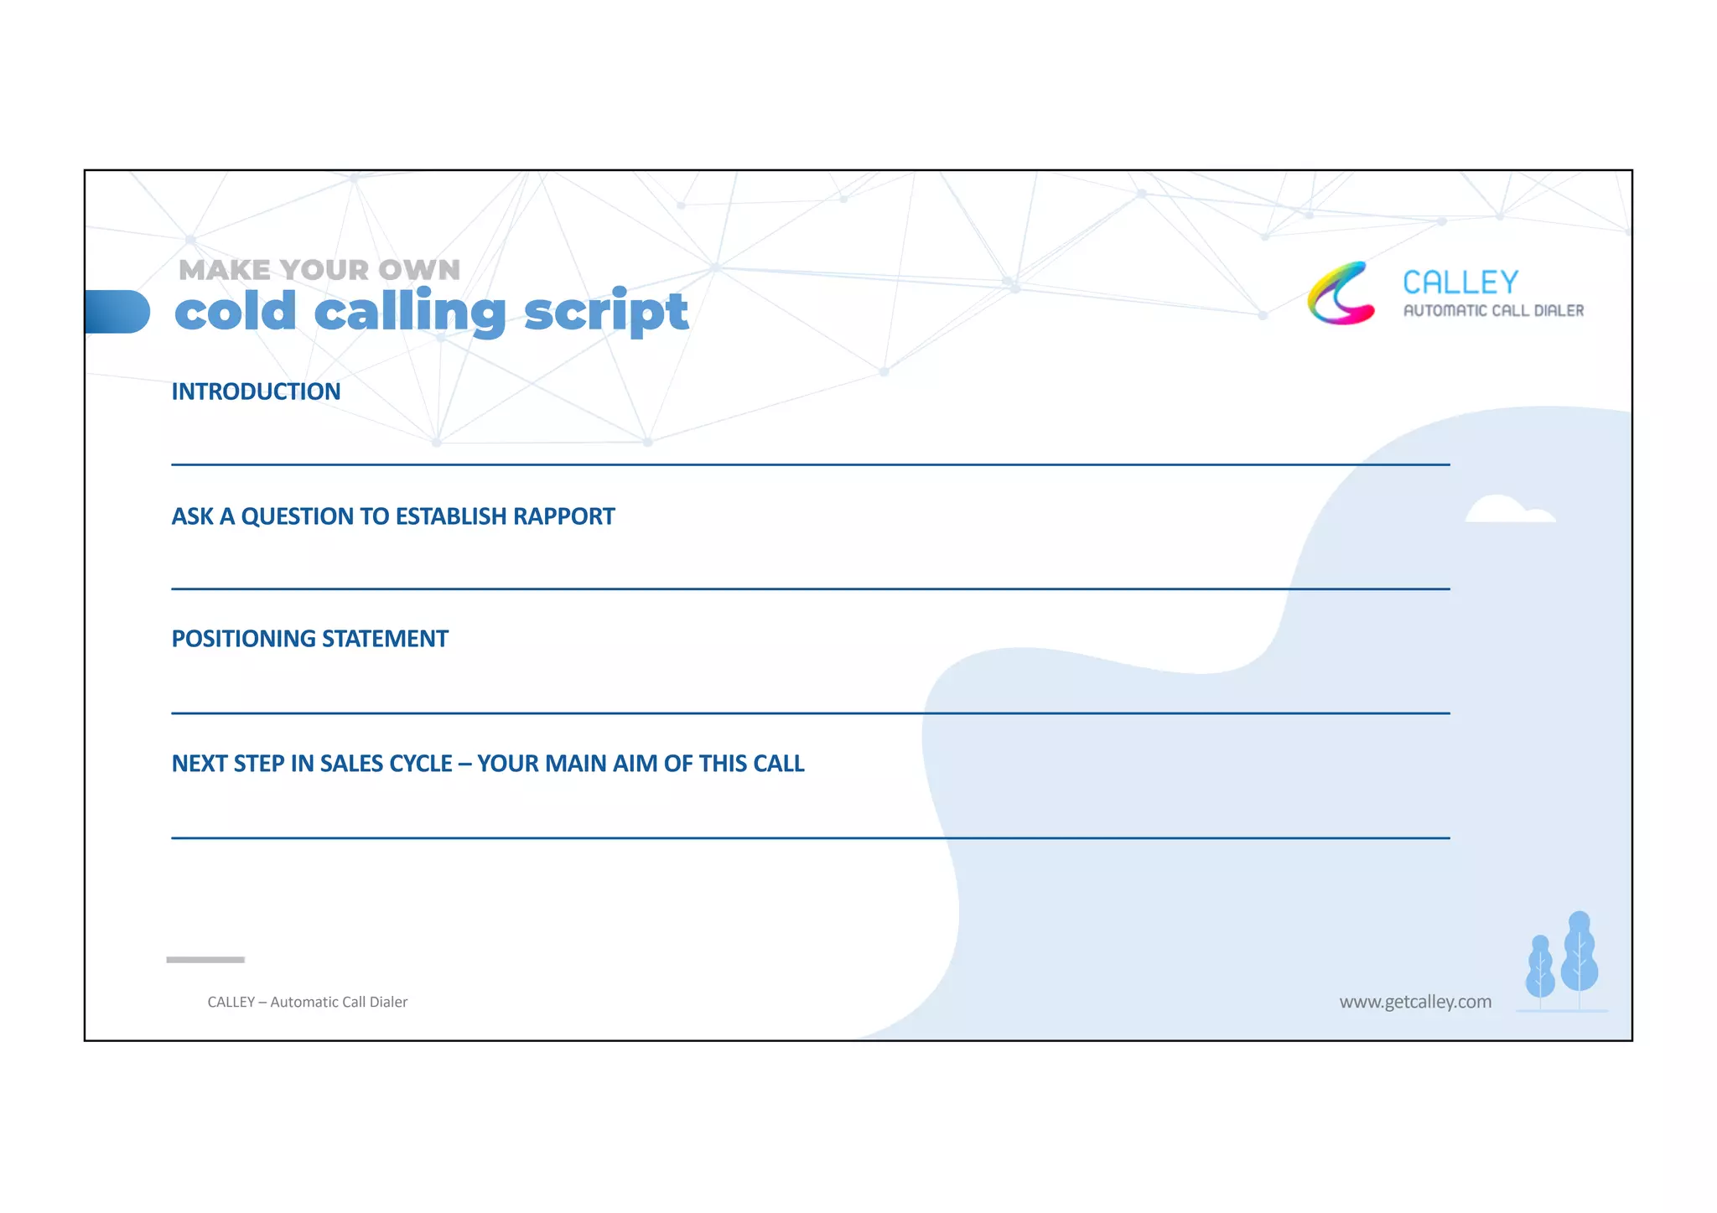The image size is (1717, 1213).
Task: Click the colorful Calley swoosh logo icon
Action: click(1340, 293)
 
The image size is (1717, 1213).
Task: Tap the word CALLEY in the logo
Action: click(1460, 283)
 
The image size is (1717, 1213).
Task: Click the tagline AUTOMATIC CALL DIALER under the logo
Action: click(1493, 311)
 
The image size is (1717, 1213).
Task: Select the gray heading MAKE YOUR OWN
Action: click(319, 270)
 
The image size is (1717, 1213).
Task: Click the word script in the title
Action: click(605, 314)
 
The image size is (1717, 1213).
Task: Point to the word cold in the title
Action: click(236, 312)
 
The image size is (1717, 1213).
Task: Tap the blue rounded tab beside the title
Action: click(117, 312)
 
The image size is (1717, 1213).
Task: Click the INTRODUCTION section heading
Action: click(256, 391)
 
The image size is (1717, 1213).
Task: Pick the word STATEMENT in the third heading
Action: click(385, 639)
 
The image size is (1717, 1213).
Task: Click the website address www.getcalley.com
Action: click(1415, 1002)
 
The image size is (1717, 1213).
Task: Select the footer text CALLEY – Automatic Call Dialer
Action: click(307, 1002)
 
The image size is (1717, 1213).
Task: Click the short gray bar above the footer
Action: click(205, 959)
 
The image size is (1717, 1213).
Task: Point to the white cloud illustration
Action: click(1509, 511)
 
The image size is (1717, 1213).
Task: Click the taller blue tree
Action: click(1580, 956)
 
